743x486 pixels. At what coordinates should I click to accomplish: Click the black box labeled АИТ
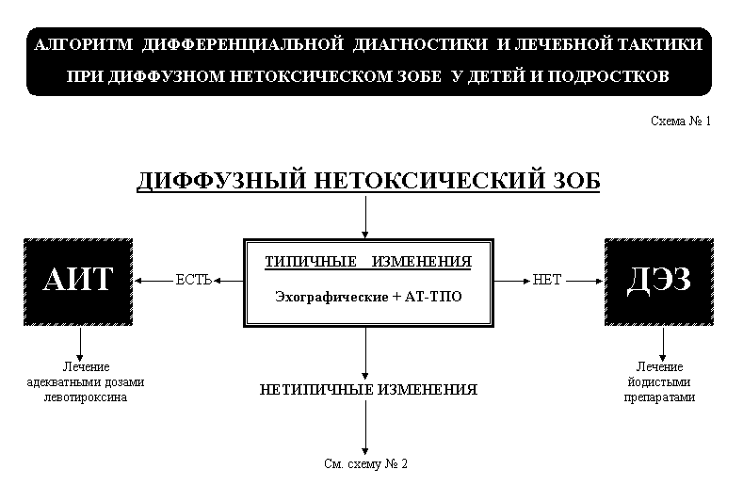pos(78,283)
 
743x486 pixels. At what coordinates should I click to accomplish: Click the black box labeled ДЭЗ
pos(659,283)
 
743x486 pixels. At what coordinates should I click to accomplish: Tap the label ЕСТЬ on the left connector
pos(193,281)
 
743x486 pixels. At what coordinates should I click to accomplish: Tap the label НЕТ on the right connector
pos(547,281)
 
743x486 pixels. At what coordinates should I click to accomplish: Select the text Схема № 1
pos(681,121)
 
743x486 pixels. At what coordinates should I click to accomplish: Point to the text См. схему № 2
pos(365,463)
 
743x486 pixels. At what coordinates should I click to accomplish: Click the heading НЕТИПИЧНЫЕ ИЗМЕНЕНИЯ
pos(368,390)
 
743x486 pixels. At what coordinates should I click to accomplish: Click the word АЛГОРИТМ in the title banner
pos(84,44)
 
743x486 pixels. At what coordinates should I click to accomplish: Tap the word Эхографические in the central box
pos(331,298)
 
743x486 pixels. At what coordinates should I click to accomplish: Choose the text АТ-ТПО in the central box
pos(433,297)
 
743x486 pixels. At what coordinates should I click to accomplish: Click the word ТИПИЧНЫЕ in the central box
pos(311,262)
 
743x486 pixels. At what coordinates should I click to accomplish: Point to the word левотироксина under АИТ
pos(86,397)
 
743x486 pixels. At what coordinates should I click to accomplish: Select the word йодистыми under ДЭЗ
pos(659,382)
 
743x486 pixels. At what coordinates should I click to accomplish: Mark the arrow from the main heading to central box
pos(365,218)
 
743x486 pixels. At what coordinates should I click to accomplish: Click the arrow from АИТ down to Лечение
pos(80,344)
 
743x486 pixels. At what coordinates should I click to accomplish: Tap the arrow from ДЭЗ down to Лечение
pos(662,344)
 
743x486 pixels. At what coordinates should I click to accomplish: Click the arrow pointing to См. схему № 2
pos(365,428)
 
